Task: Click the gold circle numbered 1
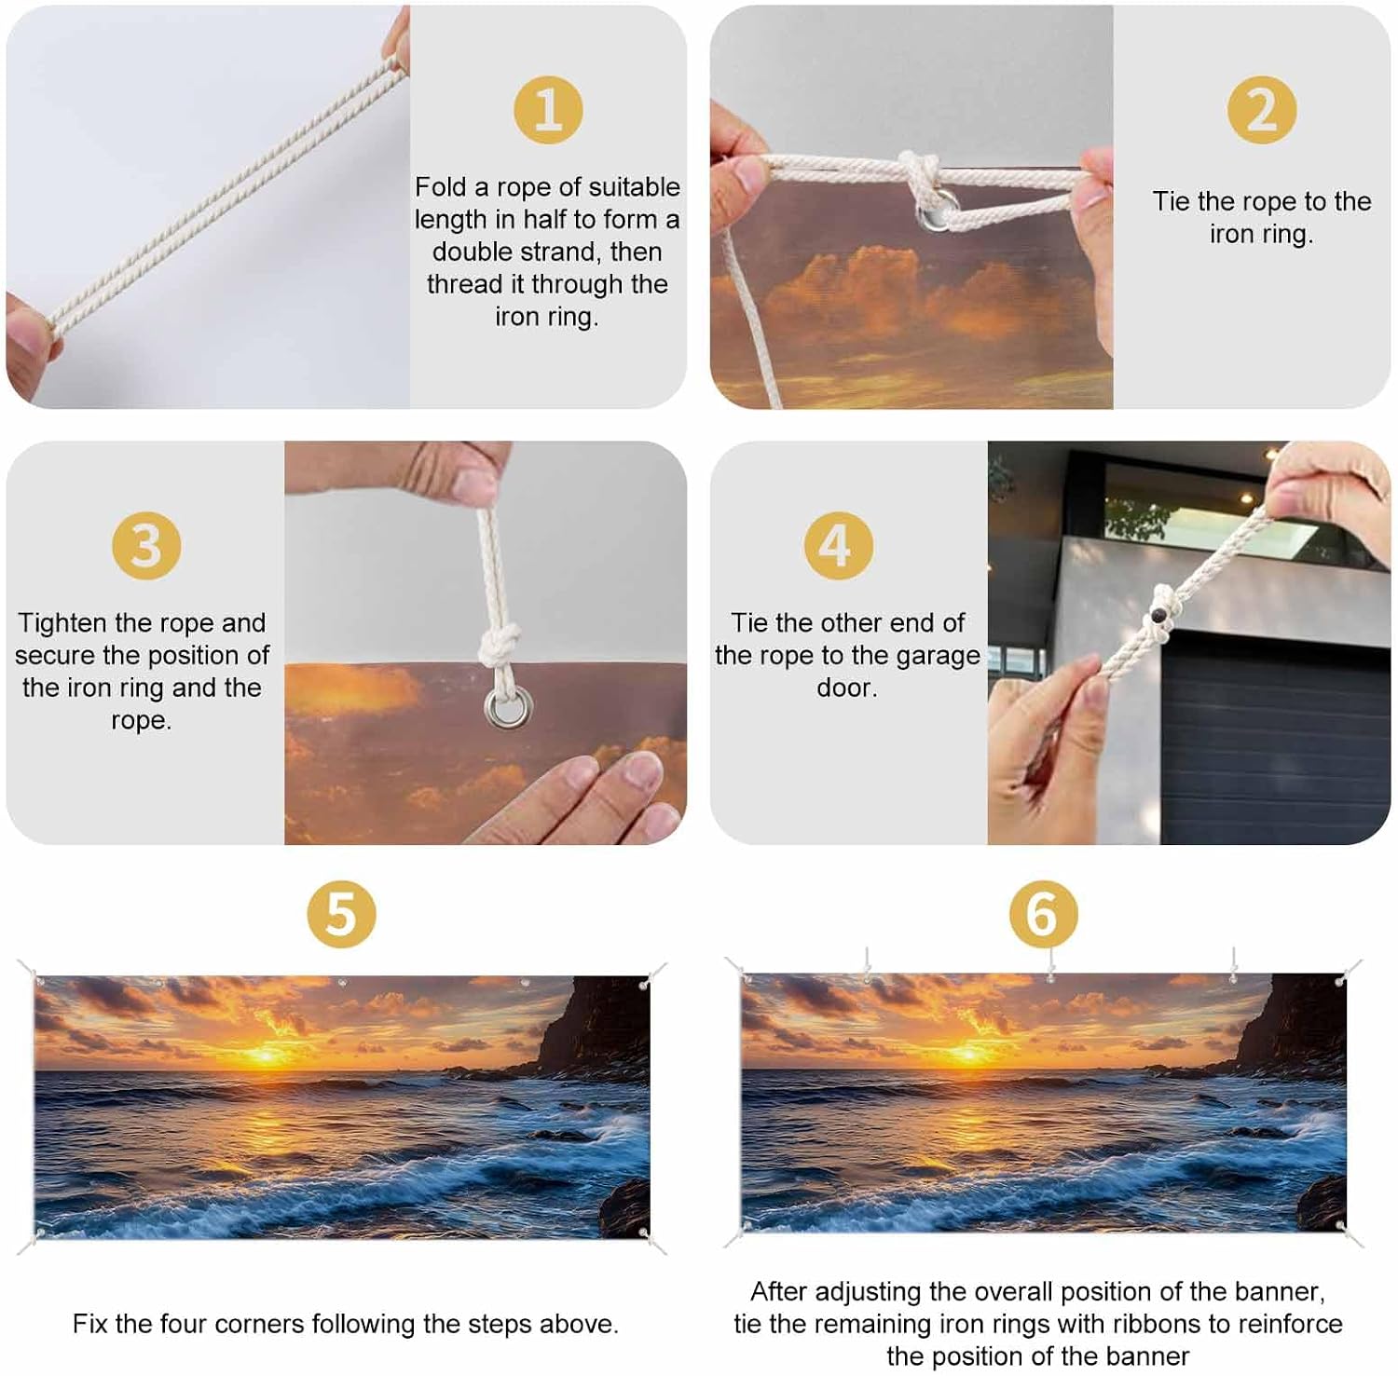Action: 548,110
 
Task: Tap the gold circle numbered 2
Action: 1262,110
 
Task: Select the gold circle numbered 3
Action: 146,545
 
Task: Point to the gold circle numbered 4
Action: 839,545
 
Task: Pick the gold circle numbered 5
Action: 342,914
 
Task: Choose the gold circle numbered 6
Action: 1044,914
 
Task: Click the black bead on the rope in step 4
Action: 1158,616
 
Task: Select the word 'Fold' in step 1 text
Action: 441,187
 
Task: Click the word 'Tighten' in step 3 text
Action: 62,624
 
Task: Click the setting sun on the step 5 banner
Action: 266,1056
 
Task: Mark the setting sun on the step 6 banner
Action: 970,1054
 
